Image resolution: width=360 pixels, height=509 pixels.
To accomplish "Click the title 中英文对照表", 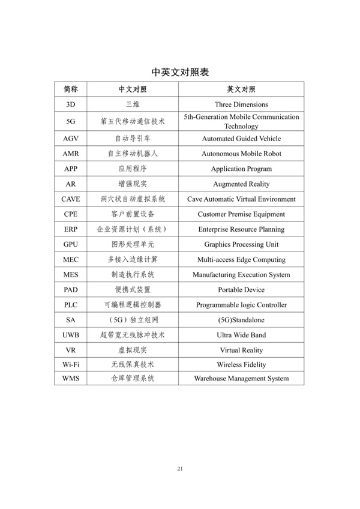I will coord(180,72).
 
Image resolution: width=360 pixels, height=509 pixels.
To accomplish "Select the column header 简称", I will coord(71,89).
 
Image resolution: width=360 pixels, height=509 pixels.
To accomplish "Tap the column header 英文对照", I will coord(241,89).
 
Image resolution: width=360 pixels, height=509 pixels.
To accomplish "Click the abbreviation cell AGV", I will coord(71,139).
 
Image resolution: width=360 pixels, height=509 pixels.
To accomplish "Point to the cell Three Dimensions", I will coord(241,104).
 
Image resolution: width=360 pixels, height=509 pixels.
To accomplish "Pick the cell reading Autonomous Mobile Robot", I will coord(241,154).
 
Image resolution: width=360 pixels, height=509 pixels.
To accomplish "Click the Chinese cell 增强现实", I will coord(133,184).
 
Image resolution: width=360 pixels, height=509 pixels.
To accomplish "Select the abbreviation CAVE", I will coord(71,199).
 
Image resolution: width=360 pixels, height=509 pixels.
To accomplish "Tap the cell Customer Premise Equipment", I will coord(241,214).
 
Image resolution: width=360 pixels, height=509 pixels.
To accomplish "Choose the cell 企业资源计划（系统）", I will coord(133,229).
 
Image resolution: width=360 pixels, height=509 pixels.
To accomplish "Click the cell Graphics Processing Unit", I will coord(241,244).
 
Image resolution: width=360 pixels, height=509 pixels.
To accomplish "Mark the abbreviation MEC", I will coord(71,260).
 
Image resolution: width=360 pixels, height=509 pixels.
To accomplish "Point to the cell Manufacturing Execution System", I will coord(241,275).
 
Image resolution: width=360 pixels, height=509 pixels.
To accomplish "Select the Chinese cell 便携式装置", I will coord(133,290).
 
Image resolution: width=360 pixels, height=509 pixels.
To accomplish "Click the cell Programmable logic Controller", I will coord(241,305).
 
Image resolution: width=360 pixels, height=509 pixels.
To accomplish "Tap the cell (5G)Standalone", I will coord(241,320).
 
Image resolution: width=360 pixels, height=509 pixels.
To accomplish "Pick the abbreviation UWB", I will coord(71,335).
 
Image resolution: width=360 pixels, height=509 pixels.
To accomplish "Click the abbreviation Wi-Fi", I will coord(71,364).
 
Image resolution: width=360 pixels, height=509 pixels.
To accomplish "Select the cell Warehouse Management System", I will coord(241,379).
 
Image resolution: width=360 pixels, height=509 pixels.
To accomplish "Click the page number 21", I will coord(180,469).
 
